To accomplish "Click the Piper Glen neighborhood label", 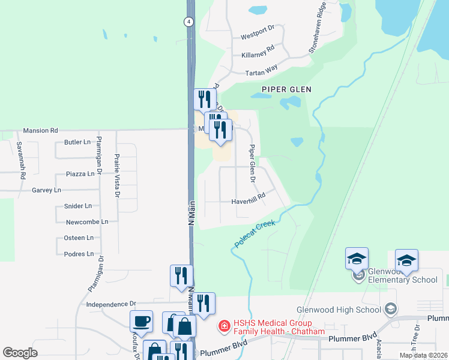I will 286,89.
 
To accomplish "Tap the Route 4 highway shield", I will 188,21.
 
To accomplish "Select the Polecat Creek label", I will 255,234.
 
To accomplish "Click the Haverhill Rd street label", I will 249,202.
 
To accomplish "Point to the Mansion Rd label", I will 40,130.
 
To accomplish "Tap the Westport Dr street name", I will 257,37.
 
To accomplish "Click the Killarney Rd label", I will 258,55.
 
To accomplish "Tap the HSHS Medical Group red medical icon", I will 224,326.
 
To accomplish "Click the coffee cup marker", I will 141,321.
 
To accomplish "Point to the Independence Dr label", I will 112,305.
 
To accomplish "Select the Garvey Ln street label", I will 46,190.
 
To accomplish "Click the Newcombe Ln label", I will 86,222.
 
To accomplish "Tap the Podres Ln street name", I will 79,254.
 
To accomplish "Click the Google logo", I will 20,353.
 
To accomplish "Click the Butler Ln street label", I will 77,142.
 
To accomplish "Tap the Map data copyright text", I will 423,355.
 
